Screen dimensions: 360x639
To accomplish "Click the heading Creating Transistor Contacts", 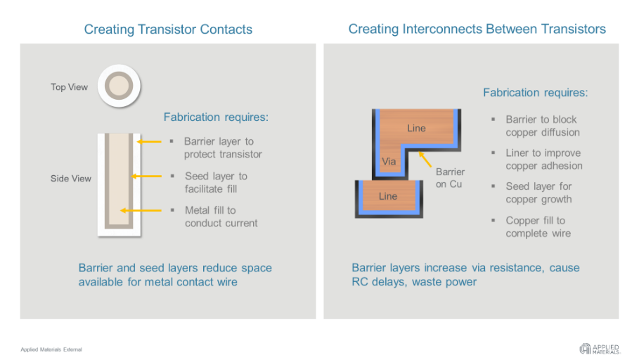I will (168, 30).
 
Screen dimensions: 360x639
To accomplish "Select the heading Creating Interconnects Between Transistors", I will (477, 30).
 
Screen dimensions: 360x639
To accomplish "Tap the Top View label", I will (69, 87).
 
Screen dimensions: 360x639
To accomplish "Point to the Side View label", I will (70, 179).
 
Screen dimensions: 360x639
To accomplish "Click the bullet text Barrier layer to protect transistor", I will (222, 148).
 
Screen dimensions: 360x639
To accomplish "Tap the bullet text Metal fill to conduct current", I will (221, 217).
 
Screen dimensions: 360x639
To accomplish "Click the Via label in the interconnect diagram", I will (389, 162).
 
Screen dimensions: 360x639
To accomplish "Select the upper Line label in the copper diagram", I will (416, 128).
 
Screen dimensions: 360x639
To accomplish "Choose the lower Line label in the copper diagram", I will (388, 196).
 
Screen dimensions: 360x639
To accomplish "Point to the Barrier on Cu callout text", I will (450, 178).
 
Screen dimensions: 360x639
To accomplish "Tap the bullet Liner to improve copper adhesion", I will (543, 160).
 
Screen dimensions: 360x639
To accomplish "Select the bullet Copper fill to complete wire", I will (538, 227).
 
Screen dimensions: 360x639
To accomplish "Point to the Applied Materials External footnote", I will (51, 349).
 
